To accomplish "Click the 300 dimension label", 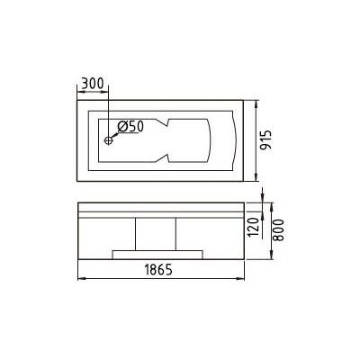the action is (93, 84).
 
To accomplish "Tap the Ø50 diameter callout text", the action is (130, 126).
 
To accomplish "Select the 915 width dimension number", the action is (265, 140).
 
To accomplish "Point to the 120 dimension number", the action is (253, 227).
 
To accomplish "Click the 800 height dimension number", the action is (278, 230).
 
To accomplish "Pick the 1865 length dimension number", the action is (158, 270).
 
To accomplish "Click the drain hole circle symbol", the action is (108, 140).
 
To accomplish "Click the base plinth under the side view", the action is (157, 255).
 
